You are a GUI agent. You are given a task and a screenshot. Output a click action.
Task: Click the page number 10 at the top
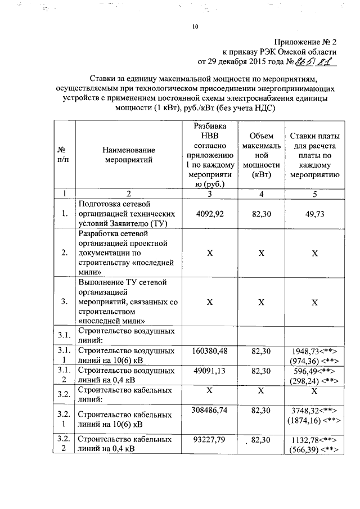[195, 26]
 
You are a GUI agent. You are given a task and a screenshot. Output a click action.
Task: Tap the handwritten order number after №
[318, 62]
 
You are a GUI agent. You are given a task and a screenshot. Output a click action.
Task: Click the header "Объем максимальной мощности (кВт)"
[261, 155]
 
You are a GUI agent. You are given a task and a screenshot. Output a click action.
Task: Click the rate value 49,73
[315, 214]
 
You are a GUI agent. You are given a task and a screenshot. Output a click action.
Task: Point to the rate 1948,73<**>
[314, 351]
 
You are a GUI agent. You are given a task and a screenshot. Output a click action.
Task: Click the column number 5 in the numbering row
[315, 194]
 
